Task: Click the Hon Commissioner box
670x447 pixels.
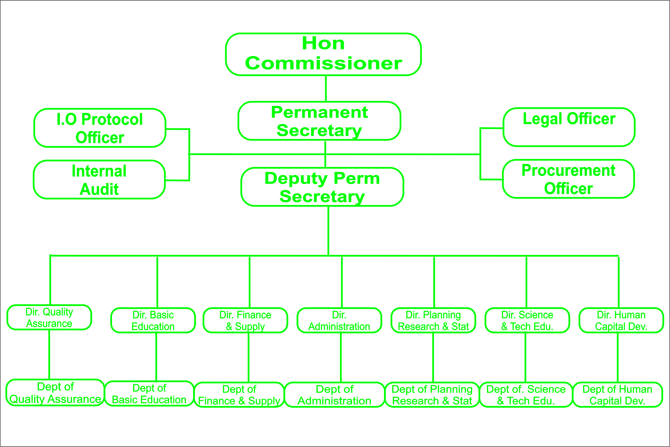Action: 323,54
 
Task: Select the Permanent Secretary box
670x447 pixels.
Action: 319,121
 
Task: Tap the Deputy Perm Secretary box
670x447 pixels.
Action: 322,187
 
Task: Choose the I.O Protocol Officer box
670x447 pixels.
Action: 100,128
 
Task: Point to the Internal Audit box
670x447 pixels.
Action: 99,179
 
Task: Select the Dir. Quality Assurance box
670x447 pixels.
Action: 49,317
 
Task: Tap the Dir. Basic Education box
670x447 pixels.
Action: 153,320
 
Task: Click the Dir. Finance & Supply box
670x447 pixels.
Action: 245,320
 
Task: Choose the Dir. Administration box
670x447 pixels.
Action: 339,320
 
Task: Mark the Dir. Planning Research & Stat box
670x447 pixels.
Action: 433,320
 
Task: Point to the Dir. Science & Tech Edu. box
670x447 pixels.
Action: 527,320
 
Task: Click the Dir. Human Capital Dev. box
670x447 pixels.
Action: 621,320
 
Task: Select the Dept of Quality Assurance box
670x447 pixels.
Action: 55,393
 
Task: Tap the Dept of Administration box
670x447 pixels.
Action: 334,395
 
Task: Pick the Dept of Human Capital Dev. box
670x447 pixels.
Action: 617,395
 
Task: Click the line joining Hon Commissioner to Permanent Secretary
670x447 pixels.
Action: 326,88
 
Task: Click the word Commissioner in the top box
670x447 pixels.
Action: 323,63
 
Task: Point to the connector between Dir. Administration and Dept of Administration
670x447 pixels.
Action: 341,358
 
